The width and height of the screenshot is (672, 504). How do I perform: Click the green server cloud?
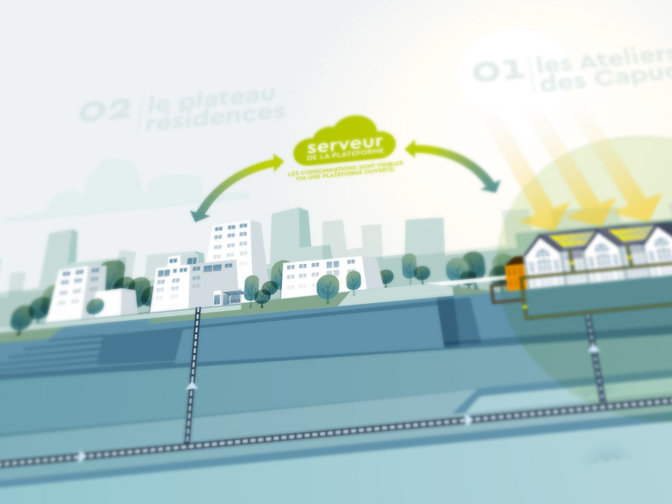tap(344, 141)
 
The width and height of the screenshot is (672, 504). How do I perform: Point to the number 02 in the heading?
tap(104, 109)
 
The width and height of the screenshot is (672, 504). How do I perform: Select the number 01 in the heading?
tap(497, 70)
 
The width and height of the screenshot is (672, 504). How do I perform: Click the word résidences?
tap(215, 116)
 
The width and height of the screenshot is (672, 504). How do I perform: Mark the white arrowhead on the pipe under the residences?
tap(192, 385)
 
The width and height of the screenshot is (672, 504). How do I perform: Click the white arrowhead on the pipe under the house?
tap(593, 348)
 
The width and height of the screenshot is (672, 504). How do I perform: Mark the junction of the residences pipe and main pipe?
tap(188, 445)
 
